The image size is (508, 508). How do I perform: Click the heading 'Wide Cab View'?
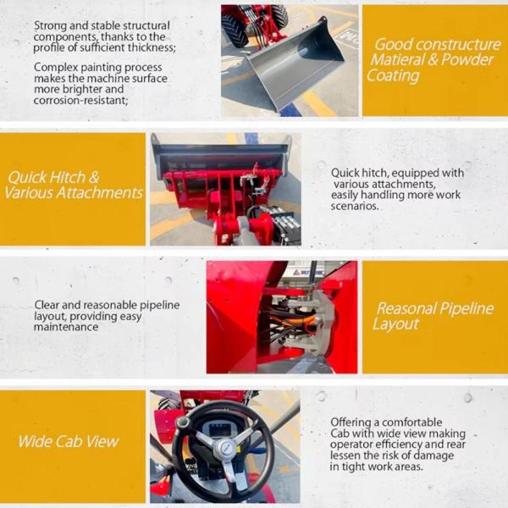69,441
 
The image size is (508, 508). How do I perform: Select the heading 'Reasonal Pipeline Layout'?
433,316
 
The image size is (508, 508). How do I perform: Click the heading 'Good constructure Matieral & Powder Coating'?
433,59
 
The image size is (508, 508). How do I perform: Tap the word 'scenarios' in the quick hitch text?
356,206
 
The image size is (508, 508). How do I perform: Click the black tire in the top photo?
235,30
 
